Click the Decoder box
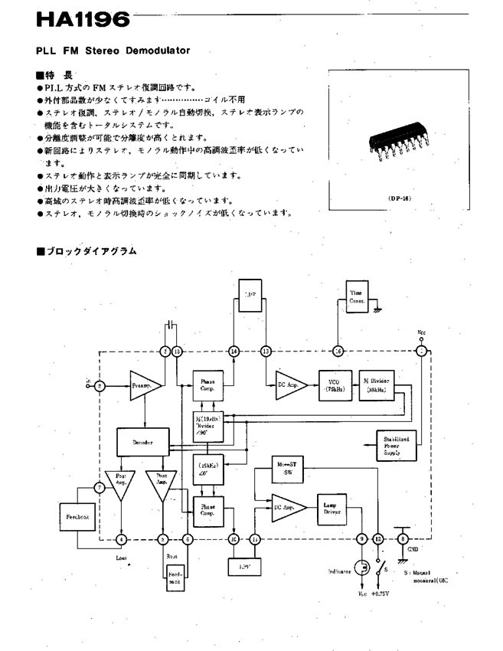pos(142,442)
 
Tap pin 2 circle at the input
pos(100,386)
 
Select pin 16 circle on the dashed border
pos(338,352)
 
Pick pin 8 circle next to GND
pos(403,539)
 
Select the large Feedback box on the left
pos(77,519)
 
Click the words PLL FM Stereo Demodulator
pos(112,51)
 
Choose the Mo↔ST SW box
pos(287,469)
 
